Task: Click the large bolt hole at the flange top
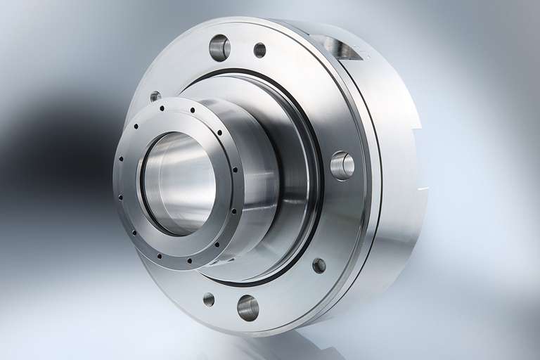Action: (219, 48)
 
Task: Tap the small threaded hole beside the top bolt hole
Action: (259, 50)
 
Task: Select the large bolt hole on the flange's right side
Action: (342, 165)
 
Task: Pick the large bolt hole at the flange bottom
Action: (247, 307)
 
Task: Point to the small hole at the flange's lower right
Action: (319, 266)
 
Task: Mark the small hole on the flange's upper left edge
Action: (155, 96)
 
